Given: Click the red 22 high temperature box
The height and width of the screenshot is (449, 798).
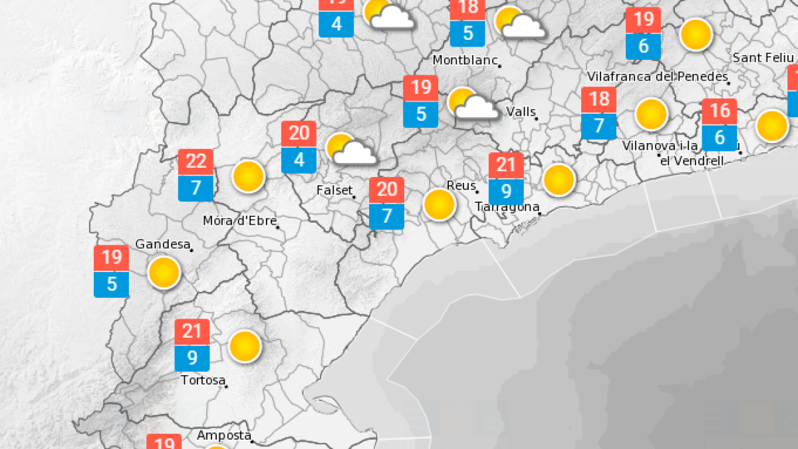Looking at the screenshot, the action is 196,162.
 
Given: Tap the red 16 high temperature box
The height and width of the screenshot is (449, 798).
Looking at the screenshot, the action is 720,111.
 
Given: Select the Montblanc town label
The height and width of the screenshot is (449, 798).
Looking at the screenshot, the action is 465,61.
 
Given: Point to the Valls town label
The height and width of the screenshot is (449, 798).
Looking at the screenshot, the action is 521,112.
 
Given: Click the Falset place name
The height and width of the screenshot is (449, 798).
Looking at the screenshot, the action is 334,191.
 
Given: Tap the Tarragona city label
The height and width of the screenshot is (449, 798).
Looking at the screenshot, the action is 507,207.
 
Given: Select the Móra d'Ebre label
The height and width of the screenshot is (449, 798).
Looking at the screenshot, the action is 239,222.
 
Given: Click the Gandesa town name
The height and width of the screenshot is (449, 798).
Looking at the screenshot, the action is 162,244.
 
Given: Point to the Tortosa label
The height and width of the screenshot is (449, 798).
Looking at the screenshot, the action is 203,380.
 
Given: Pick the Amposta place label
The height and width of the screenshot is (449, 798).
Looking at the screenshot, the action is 224,436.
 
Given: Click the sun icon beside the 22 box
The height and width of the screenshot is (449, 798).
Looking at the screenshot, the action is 249,176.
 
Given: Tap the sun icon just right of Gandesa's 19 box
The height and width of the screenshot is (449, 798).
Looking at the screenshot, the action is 164,272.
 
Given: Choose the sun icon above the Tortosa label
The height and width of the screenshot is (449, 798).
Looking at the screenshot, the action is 245,347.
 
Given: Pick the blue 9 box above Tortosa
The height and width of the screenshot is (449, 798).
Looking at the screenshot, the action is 192,359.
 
